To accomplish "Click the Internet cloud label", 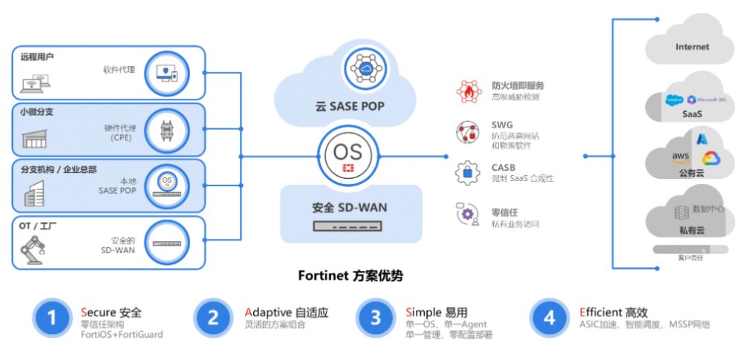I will (691, 47).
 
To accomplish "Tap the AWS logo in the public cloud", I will (680, 157).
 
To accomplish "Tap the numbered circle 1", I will (51, 318).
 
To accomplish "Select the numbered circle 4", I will (549, 318).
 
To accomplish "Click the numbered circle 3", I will (376, 318).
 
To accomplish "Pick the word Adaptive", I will (268, 312).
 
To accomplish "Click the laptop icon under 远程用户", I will (32, 82).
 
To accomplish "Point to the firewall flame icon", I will (468, 91).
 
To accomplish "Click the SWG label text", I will (502, 125).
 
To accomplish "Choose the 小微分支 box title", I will (37, 112).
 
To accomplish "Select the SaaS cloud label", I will (692, 114).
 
